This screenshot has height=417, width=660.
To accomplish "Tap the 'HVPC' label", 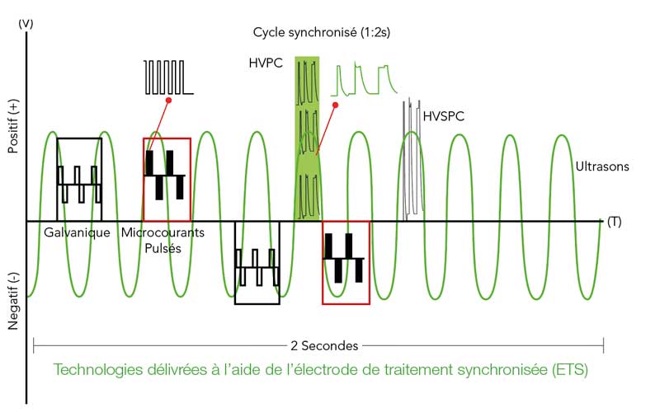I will coord(265,63).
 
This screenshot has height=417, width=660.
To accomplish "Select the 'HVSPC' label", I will coord(443,116).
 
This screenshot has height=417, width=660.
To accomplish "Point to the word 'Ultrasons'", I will coord(602,166).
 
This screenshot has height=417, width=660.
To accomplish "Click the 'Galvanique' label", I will coord(78,233).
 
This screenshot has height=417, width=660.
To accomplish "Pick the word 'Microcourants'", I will coord(163,233).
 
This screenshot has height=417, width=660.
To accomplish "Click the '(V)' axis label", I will coord(25,25).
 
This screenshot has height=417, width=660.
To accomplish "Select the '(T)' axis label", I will coord(614,222).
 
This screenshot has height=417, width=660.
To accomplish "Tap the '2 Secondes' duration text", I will coord(318,344).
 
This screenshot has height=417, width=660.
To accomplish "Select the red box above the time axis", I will coord(167,180).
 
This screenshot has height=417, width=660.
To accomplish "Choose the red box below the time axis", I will coord(346,262).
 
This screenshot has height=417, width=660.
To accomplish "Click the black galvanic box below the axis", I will coord(257,262).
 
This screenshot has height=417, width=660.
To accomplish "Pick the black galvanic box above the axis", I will coord(78,180).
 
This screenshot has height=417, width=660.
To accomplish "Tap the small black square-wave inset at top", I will coord(168,77).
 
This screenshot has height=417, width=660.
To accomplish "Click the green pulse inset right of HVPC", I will coord(365,80).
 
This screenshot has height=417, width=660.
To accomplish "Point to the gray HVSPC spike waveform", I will coord(410,161).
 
